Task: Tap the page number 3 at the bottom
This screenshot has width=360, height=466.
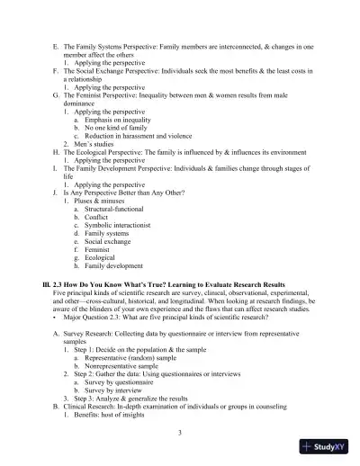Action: click(x=180, y=433)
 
